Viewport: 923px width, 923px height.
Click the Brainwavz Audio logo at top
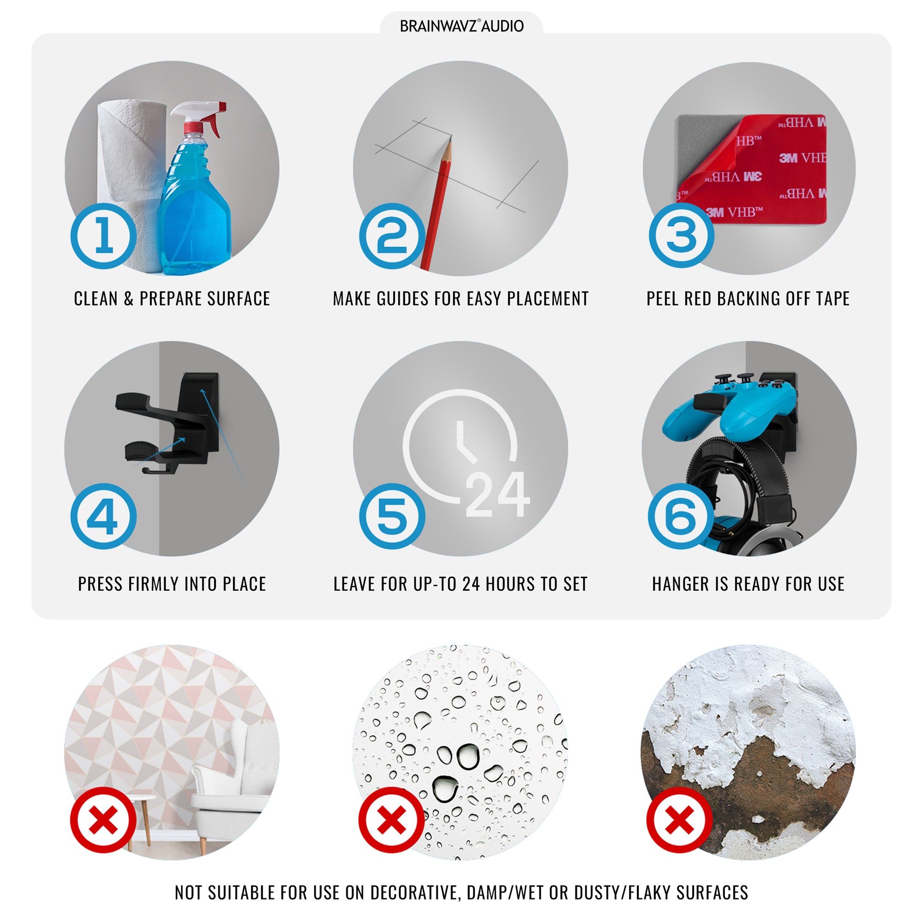(461, 26)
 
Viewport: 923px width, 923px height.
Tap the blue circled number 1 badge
(104, 236)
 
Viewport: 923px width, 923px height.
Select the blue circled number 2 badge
(392, 236)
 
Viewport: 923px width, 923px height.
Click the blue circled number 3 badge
(681, 235)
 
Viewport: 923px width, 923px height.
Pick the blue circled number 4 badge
(104, 516)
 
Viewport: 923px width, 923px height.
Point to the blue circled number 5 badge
(392, 516)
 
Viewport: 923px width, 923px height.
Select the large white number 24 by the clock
(497, 494)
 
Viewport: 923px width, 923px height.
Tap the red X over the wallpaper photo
(104, 820)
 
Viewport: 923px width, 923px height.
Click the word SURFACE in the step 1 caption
(239, 299)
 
